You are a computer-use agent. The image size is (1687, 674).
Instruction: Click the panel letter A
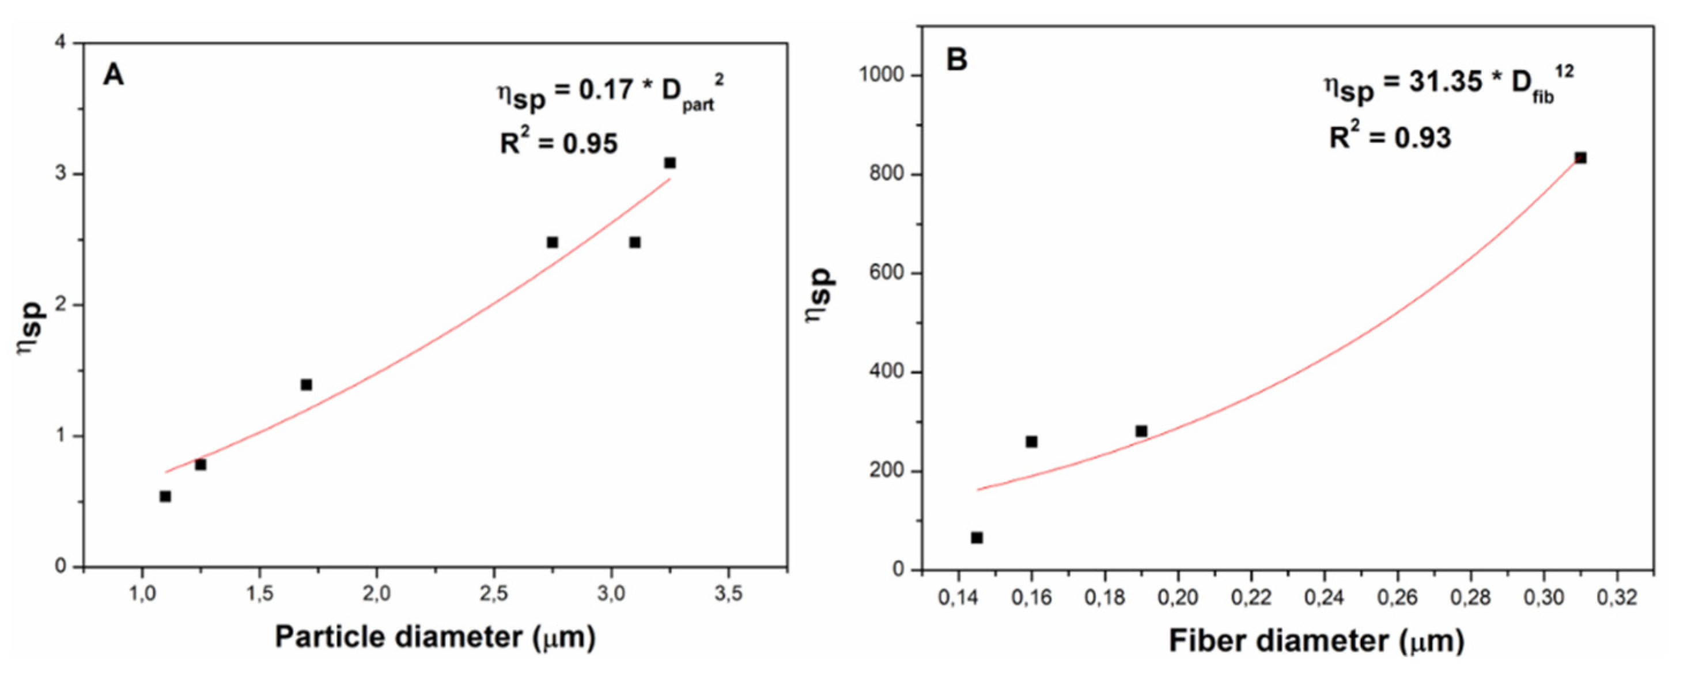pyautogui.click(x=114, y=75)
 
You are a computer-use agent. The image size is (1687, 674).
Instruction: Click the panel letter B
pyautogui.click(x=957, y=60)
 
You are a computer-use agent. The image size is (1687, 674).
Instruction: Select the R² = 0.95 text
pyautogui.click(x=558, y=142)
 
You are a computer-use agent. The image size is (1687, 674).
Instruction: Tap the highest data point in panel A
pyautogui.click(x=669, y=162)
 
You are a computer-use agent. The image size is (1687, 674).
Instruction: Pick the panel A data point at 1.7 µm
pyautogui.click(x=307, y=384)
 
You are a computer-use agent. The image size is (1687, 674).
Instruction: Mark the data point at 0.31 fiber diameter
pyautogui.click(x=1580, y=158)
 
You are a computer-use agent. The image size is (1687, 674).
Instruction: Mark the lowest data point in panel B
pyautogui.click(x=977, y=537)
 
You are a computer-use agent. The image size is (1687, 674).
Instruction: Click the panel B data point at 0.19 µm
pyautogui.click(x=1141, y=431)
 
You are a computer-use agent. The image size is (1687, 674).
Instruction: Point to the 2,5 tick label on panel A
pyautogui.click(x=493, y=594)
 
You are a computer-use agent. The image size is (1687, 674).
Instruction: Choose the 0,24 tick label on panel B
pyautogui.click(x=1324, y=597)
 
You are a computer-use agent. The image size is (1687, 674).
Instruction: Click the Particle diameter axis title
pyautogui.click(x=435, y=637)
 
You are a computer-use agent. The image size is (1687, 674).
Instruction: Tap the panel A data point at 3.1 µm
pyautogui.click(x=634, y=243)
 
